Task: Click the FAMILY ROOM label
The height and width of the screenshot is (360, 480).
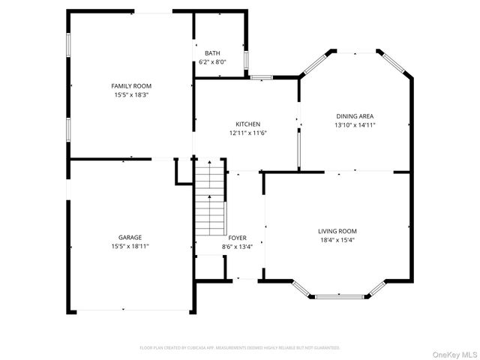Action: click(x=131, y=86)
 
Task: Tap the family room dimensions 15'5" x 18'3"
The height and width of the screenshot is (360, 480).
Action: click(x=131, y=95)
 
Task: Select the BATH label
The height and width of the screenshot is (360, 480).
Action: click(x=212, y=53)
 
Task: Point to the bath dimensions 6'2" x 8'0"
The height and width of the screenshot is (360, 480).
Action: click(x=212, y=61)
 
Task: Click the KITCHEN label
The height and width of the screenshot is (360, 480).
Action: click(x=248, y=124)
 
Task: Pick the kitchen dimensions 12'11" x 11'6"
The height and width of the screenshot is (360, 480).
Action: click(x=248, y=133)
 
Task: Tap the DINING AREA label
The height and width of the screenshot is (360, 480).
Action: click(x=355, y=116)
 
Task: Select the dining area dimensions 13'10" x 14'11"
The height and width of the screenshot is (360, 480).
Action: click(x=355, y=125)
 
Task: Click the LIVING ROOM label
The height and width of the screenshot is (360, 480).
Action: click(x=337, y=231)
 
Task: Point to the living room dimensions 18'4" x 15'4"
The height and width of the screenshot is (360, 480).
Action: click(x=337, y=240)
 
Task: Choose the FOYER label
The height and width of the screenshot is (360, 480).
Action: click(x=237, y=238)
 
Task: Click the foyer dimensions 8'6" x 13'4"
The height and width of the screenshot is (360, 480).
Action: click(x=237, y=247)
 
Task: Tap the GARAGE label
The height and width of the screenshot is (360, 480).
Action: click(x=130, y=237)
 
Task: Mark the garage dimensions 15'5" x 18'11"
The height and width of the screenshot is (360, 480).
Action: click(x=130, y=246)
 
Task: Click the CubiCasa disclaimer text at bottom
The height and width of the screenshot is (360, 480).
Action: click(x=240, y=348)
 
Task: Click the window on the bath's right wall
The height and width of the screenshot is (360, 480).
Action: click(x=247, y=58)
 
